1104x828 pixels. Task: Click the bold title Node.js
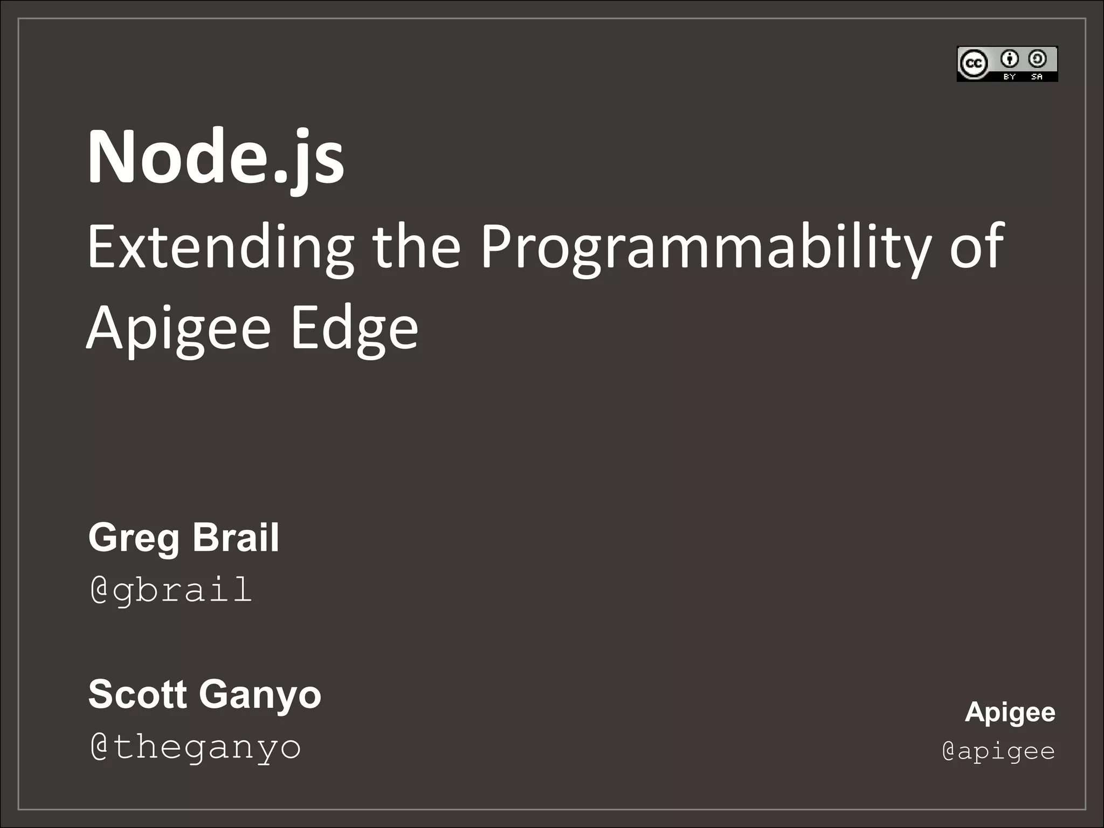tap(216, 157)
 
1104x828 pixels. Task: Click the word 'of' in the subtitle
tap(976, 247)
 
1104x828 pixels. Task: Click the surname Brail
tap(236, 537)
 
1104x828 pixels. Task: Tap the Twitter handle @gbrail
tap(171, 590)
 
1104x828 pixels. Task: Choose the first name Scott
tap(137, 694)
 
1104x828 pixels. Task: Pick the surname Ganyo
tap(260, 695)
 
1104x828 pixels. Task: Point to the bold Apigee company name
tap(1010, 713)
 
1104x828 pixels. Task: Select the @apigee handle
tap(999, 751)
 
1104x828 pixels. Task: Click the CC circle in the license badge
tap(974, 64)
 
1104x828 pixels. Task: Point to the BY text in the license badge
tap(1010, 77)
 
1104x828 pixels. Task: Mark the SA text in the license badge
tap(1037, 77)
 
